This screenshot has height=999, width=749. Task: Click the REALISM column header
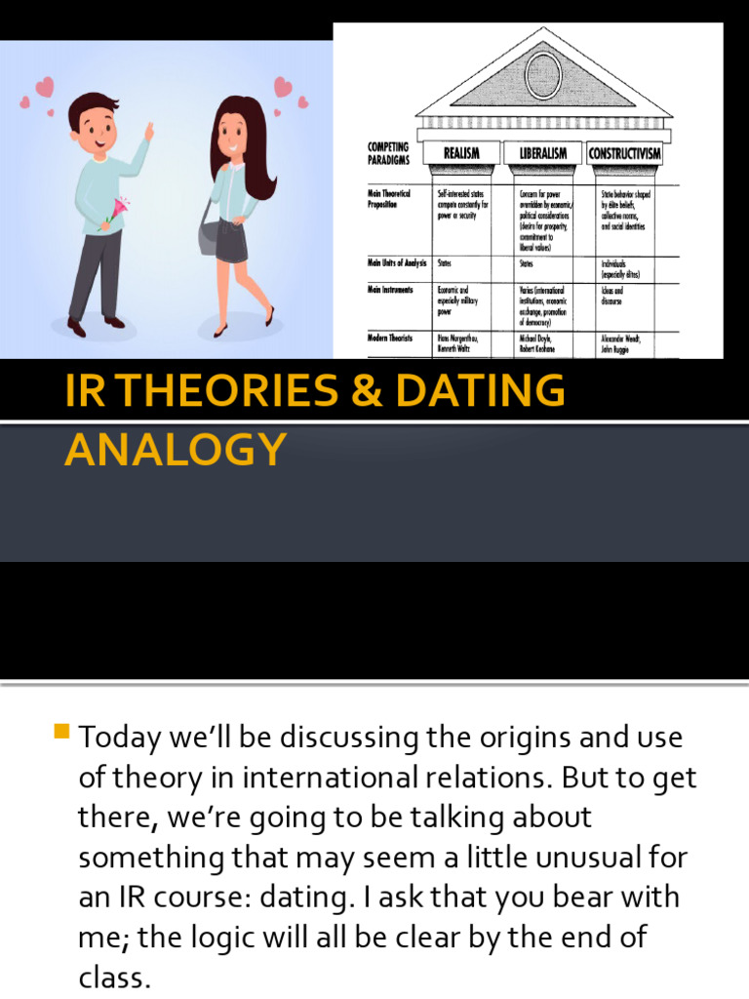[x=461, y=153]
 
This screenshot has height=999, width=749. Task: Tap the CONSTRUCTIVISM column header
[x=625, y=153]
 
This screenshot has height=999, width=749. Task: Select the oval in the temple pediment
[x=543, y=74]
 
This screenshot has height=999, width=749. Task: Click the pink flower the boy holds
[x=121, y=208]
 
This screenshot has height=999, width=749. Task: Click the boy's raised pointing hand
[x=148, y=130]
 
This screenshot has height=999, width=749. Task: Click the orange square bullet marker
[x=63, y=731]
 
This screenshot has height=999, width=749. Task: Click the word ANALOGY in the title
[x=176, y=449]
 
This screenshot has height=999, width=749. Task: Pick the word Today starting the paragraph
[x=118, y=738]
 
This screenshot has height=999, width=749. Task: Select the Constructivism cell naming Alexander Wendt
[x=625, y=343]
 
